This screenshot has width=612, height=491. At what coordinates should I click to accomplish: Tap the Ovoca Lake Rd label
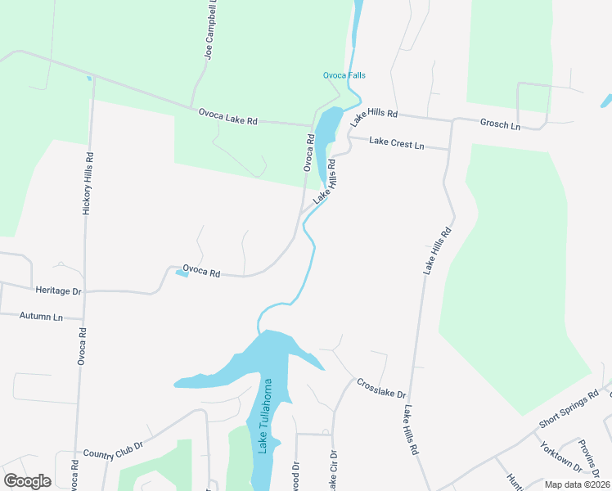[x=227, y=115]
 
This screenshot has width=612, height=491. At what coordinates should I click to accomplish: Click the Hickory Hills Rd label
[x=88, y=184]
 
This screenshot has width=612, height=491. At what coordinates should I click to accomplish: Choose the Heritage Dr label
[x=59, y=291]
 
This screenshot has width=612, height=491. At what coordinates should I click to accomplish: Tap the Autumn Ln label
[x=41, y=316]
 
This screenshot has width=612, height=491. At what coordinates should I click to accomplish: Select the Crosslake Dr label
[x=381, y=389]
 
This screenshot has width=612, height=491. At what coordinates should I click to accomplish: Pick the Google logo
[x=27, y=481]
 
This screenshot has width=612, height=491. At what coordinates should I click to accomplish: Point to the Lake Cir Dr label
[x=332, y=472]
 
